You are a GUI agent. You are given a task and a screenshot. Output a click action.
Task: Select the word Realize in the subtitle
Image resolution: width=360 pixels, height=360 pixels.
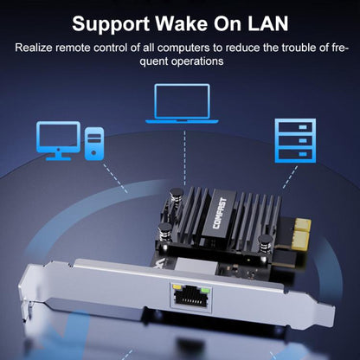(x=35, y=47)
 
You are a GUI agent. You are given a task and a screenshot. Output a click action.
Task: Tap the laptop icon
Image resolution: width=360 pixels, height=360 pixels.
(x=183, y=103)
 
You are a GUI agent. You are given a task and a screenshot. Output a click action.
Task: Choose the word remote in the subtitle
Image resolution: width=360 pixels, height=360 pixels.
(x=75, y=47)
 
